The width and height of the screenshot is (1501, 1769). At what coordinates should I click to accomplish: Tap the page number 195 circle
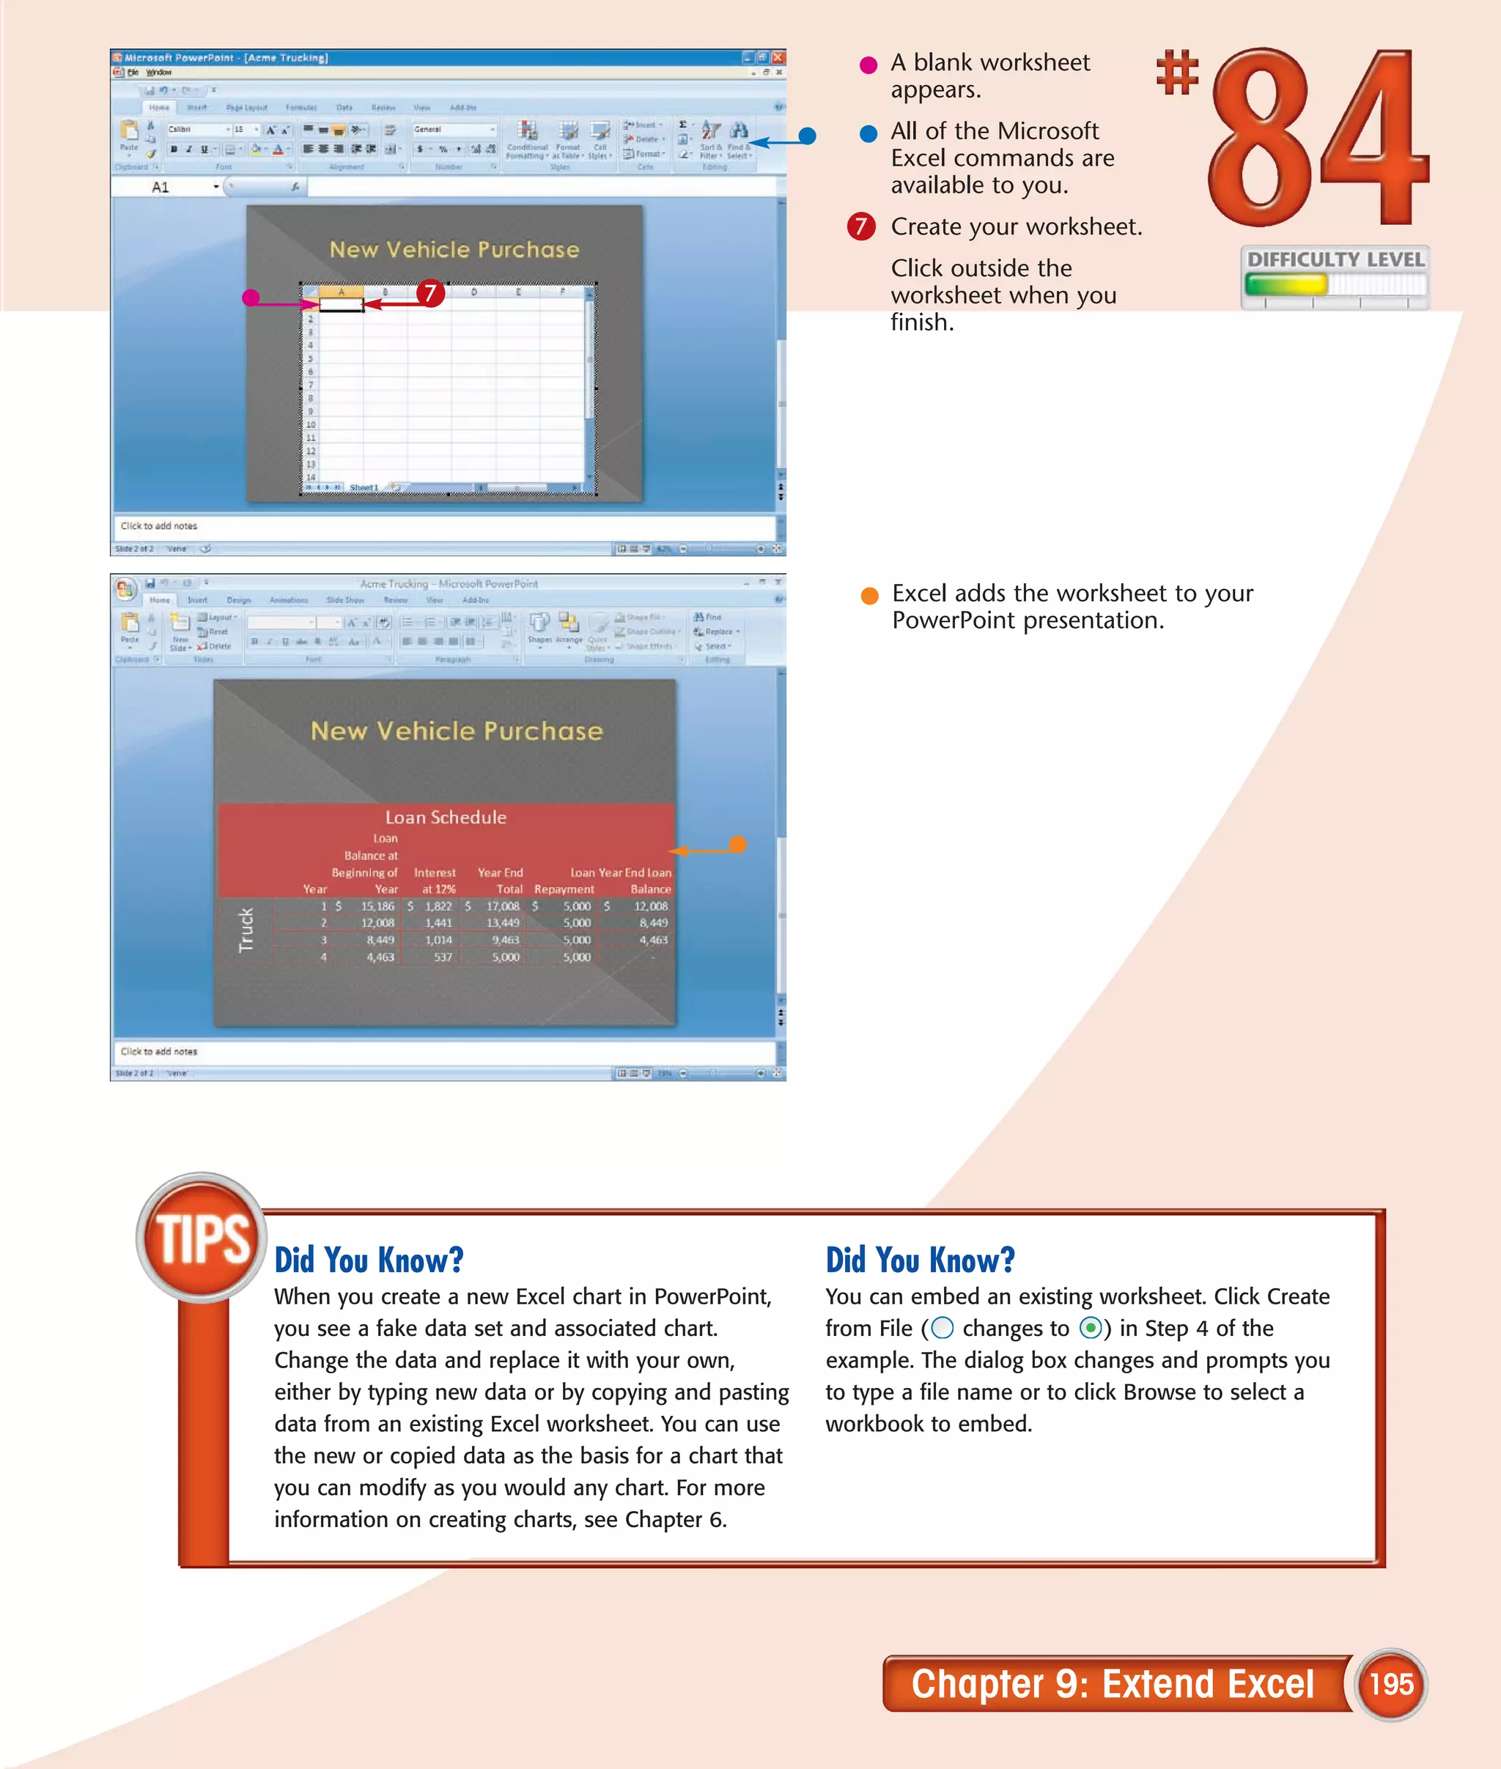click(1390, 1683)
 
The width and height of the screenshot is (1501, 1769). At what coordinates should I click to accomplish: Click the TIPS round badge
click(202, 1237)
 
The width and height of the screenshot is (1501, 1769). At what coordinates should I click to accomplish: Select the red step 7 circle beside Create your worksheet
click(861, 226)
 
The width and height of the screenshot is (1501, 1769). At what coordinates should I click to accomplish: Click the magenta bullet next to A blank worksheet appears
click(868, 65)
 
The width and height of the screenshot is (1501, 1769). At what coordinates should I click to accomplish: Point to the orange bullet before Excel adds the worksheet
click(868, 596)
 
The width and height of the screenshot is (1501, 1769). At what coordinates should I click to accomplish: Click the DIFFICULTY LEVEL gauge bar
click(1333, 284)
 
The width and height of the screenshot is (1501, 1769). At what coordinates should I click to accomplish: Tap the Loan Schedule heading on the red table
click(445, 817)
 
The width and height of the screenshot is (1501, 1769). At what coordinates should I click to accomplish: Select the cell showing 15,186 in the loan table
click(377, 906)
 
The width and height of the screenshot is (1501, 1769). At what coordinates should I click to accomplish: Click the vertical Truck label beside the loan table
click(246, 929)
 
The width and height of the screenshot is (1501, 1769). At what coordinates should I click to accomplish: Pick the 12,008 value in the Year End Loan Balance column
click(652, 906)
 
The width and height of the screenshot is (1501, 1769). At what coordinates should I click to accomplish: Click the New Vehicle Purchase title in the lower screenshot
click(456, 731)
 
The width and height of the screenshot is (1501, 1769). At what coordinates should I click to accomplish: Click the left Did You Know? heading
click(369, 1259)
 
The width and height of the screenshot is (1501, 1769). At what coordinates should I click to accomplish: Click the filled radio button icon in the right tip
click(1090, 1329)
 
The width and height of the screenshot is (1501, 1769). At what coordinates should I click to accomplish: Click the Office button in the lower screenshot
click(125, 588)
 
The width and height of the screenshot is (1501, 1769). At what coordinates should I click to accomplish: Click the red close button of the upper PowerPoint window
click(778, 57)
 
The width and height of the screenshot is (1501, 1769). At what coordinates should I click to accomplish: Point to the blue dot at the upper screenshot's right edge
click(808, 136)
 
